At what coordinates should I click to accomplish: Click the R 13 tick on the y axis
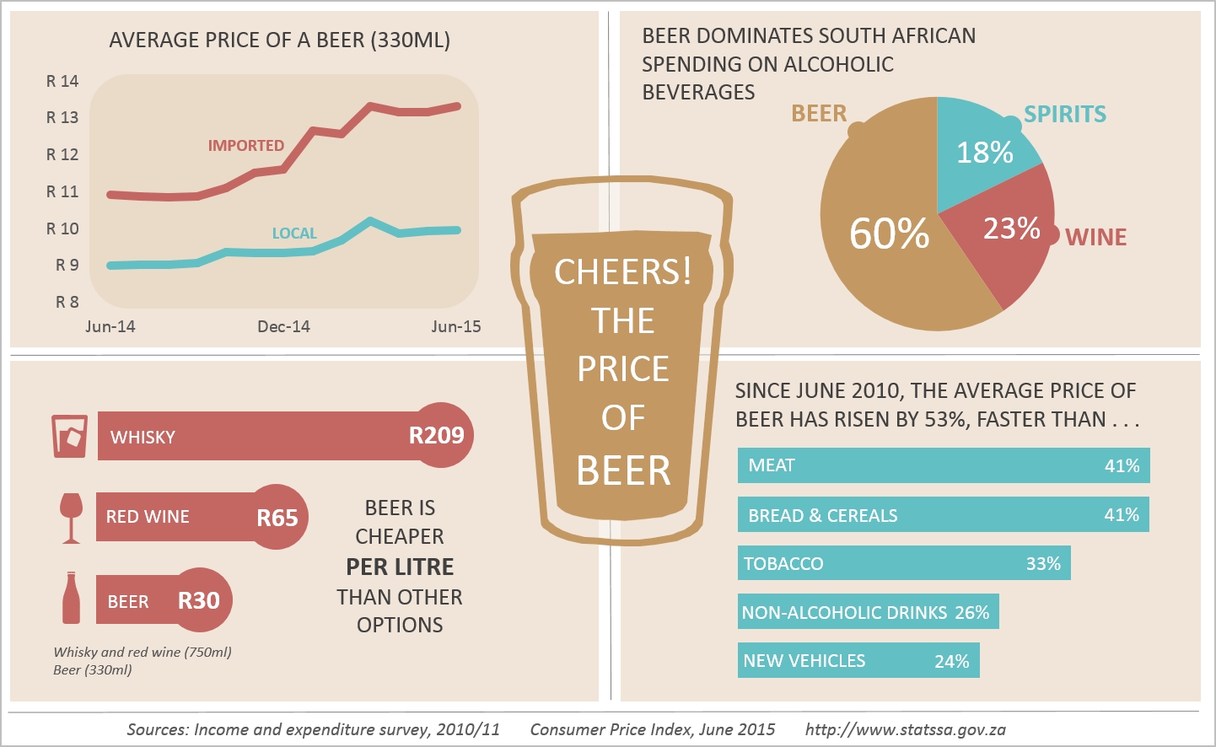62,117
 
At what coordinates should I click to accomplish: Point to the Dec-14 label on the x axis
283,326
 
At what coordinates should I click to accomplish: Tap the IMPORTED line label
246,146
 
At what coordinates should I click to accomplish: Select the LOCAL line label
294,234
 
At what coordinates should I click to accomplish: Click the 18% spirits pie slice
983,152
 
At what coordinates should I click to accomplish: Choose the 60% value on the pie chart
889,234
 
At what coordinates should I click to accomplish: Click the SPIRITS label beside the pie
1065,114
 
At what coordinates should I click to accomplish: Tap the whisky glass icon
69,436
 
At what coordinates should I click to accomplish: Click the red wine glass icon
72,517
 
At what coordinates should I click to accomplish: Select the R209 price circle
437,435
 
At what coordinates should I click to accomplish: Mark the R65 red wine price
277,518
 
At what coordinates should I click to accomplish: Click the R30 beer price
199,600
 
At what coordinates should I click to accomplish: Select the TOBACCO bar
903,563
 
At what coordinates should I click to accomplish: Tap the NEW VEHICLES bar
858,661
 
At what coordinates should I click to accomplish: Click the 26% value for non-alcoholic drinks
971,613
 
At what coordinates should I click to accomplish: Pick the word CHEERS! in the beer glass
623,271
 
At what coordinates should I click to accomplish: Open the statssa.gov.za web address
905,729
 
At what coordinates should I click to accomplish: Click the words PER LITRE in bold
400,567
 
